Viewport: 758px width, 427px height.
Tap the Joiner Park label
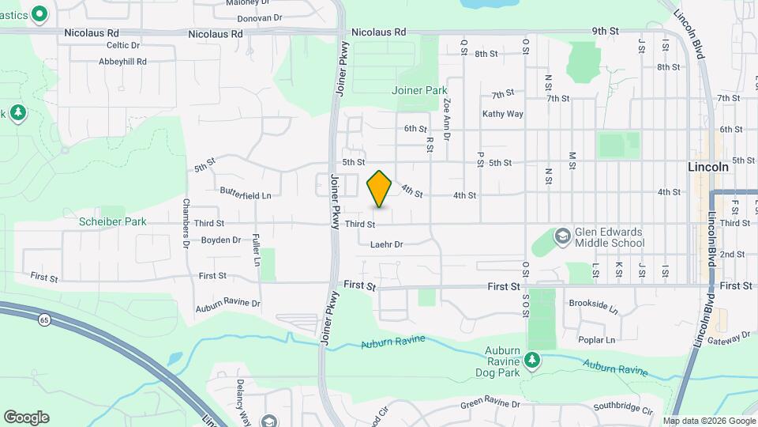(419, 90)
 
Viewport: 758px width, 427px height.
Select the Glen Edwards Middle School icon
(562, 236)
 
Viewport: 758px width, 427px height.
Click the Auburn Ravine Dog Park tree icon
(534, 361)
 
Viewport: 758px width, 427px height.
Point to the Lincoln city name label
(708, 168)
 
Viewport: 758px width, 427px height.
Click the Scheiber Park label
(112, 222)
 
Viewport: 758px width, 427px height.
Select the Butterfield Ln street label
(246, 195)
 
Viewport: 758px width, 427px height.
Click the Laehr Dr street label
(387, 244)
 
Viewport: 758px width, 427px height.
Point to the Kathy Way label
(503, 114)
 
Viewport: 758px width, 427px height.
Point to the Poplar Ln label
(596, 340)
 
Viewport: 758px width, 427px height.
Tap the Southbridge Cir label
(623, 411)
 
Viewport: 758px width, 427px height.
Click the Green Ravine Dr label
(491, 405)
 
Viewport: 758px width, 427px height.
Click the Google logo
(26, 418)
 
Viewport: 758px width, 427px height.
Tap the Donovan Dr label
(260, 17)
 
